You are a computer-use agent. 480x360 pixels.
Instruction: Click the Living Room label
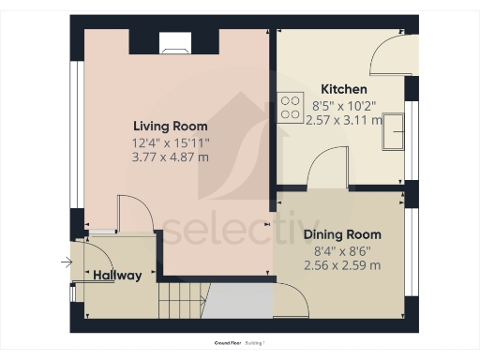(170, 126)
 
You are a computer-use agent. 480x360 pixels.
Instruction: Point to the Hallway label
(118, 276)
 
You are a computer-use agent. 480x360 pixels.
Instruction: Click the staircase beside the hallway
(180, 300)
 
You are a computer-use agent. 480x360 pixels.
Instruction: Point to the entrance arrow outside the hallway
(65, 263)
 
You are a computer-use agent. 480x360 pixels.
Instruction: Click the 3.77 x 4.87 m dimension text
(170, 157)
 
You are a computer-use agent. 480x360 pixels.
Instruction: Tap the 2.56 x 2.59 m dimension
(343, 265)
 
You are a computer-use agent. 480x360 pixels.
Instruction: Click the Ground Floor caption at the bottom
(229, 344)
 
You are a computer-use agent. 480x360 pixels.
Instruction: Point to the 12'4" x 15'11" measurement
(170, 142)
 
